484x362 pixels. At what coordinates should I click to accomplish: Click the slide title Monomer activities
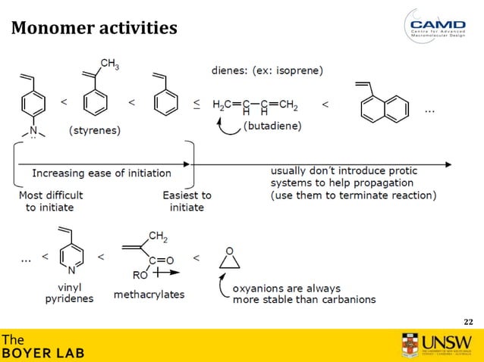pos(94,29)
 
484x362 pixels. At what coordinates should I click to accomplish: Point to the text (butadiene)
pos(272,126)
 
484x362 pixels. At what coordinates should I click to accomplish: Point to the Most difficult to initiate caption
pos(51,201)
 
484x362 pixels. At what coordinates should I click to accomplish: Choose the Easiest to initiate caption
pos(187,201)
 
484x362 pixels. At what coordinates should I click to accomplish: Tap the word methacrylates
pos(149,294)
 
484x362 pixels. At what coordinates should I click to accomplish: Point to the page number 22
pos(467,321)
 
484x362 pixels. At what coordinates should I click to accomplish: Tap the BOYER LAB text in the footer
pos(42,353)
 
